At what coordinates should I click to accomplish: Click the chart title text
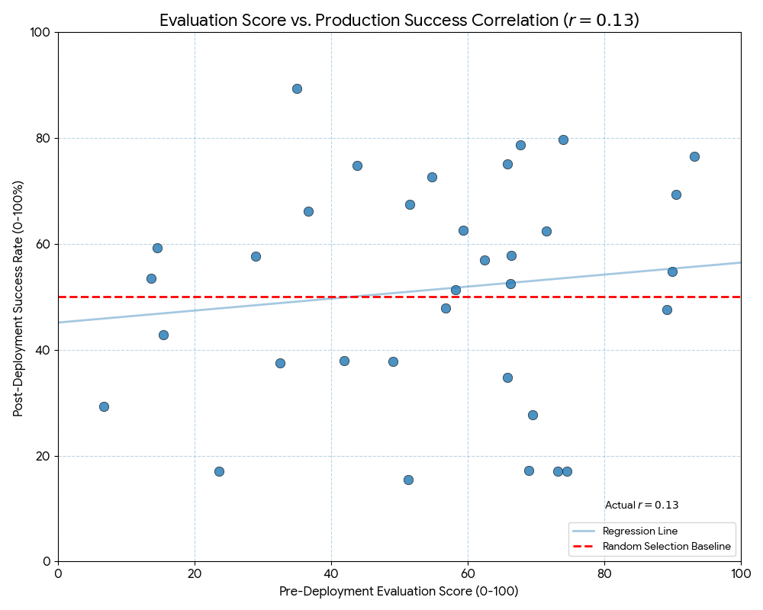click(399, 21)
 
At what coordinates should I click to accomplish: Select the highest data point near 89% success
click(297, 88)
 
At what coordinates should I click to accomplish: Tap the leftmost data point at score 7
click(104, 406)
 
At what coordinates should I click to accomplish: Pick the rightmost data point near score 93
click(694, 156)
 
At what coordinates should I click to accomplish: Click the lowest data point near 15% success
click(408, 480)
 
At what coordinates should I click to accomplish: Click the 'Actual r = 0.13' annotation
click(642, 505)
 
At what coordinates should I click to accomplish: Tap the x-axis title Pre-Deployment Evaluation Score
click(399, 592)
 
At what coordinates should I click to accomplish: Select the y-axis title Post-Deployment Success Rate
click(18, 298)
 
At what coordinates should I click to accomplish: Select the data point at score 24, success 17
click(219, 471)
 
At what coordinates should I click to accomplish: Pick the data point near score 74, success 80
click(563, 140)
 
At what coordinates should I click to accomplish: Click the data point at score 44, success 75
click(357, 165)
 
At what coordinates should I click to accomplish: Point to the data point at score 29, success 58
click(256, 256)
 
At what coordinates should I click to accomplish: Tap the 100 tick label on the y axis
click(39, 32)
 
